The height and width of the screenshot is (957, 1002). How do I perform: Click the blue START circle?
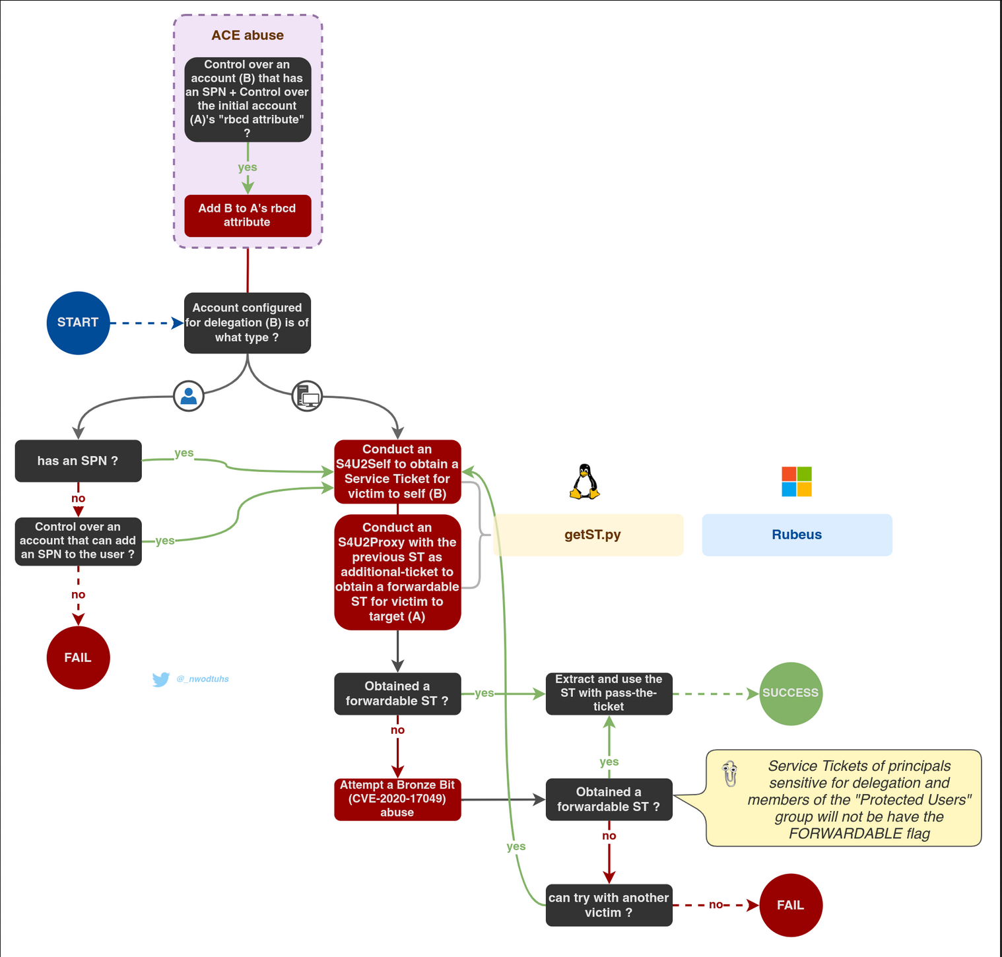tap(78, 323)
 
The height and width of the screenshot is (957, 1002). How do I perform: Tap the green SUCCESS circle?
tap(791, 694)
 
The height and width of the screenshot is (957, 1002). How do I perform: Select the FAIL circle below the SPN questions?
tap(78, 657)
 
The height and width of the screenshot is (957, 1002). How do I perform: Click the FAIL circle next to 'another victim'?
tap(791, 905)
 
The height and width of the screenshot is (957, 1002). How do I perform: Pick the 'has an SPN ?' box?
tap(78, 461)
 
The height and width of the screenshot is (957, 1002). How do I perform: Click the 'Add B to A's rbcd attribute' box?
tap(248, 215)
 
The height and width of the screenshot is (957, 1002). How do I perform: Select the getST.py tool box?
tap(588, 535)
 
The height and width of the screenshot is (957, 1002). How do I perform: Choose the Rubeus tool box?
tap(797, 535)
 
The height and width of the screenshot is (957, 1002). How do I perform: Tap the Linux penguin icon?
tap(585, 481)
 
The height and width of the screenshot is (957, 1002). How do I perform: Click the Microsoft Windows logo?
tap(797, 482)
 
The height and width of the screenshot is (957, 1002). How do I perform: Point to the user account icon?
tap(189, 396)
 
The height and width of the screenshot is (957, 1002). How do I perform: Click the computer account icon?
tap(308, 396)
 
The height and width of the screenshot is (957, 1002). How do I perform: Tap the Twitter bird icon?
tap(160, 679)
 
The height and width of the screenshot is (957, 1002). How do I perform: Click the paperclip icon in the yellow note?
tap(729, 774)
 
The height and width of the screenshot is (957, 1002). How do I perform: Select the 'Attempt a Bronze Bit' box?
tap(397, 799)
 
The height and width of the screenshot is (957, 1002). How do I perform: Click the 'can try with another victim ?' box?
tap(609, 905)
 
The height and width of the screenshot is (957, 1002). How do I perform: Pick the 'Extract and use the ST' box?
tap(609, 693)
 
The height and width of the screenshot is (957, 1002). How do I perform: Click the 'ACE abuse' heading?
tap(248, 36)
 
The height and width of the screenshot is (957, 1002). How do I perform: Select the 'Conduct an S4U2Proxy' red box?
tap(397, 572)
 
